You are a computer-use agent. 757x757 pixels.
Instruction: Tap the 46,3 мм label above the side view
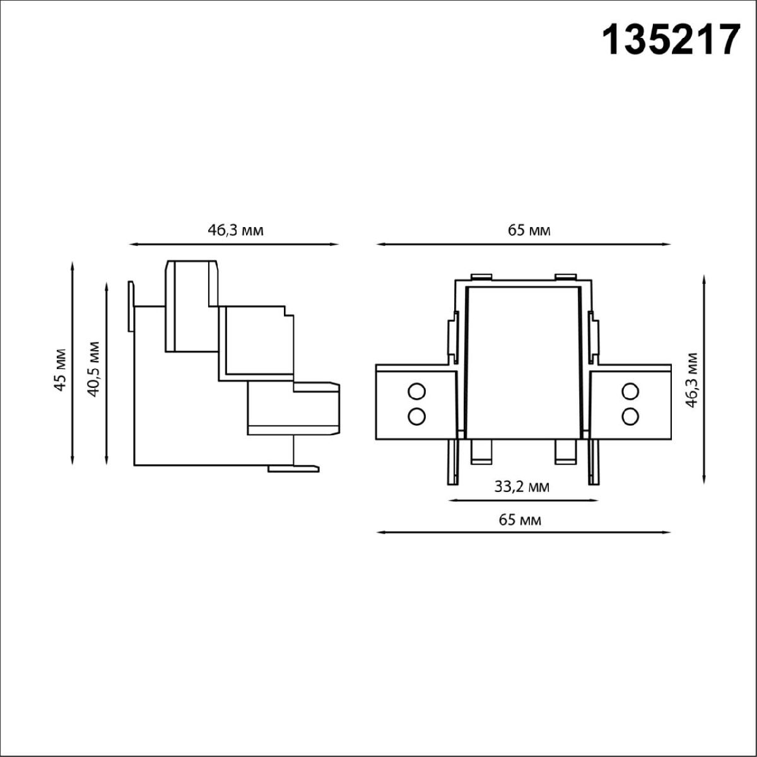[x=235, y=230]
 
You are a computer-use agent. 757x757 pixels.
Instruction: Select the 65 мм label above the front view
[x=529, y=230]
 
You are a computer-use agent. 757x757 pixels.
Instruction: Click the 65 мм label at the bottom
[x=520, y=520]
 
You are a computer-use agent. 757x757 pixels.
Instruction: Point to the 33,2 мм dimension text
[x=521, y=486]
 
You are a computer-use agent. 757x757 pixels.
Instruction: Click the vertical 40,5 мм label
[x=93, y=368]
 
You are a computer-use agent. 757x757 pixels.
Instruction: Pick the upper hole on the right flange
[x=629, y=392]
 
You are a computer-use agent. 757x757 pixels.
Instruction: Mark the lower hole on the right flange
[x=629, y=416]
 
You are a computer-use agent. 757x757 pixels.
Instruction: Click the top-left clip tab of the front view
[x=481, y=276]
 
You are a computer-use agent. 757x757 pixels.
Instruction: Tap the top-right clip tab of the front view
[x=565, y=276]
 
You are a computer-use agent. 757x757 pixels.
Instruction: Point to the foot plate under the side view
[x=293, y=468]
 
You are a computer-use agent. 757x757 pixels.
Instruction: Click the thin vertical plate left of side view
[x=131, y=306]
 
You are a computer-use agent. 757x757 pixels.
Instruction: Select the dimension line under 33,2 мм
[x=522, y=501]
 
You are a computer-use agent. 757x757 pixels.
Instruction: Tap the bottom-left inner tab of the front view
[x=481, y=452]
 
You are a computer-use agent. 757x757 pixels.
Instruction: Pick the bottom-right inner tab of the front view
[x=565, y=452]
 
